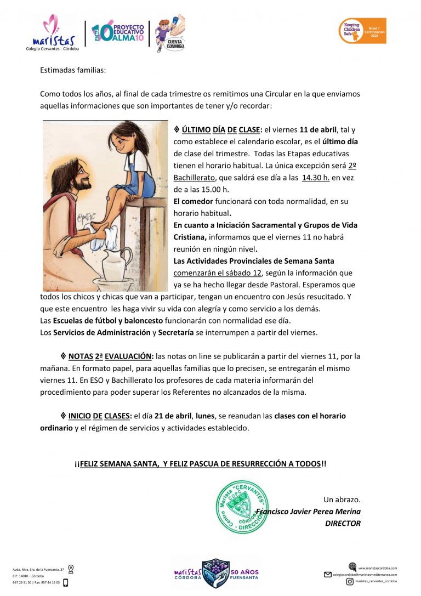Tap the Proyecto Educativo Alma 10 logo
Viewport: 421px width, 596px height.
click(x=117, y=35)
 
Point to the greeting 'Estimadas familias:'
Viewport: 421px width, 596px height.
click(x=73, y=70)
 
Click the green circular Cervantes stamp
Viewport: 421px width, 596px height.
click(x=242, y=507)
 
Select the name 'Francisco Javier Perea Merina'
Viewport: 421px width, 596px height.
click(x=309, y=512)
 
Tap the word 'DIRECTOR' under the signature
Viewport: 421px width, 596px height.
click(x=343, y=524)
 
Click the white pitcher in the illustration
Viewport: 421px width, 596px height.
click(x=117, y=264)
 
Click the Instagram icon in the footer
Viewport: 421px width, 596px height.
click(x=349, y=581)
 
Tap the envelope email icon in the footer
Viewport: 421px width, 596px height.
click(x=328, y=574)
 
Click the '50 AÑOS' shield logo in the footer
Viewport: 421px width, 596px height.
click(x=215, y=574)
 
